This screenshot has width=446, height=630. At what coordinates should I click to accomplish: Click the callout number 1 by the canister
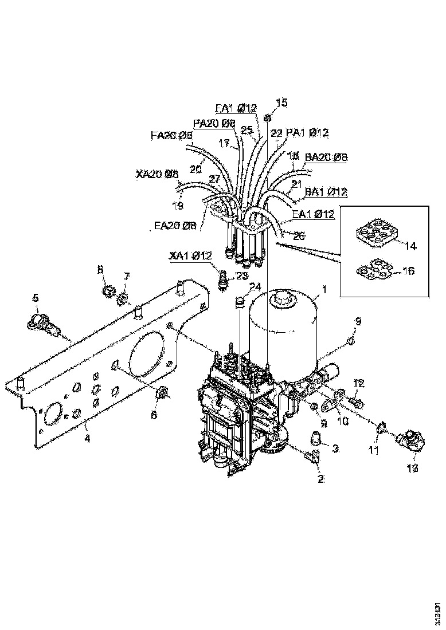click(324, 290)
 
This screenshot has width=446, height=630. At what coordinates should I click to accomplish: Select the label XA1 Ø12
click(190, 255)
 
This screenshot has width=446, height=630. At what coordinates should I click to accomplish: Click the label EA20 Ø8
click(175, 226)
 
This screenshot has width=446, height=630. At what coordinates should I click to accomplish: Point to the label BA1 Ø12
click(326, 191)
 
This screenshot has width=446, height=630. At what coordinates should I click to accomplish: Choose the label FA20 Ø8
click(171, 136)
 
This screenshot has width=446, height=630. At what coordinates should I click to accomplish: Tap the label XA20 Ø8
click(157, 174)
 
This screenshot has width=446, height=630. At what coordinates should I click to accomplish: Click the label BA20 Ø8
click(326, 156)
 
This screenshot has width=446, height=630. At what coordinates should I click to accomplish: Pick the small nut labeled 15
click(267, 118)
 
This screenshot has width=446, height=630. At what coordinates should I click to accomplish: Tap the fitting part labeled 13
click(410, 443)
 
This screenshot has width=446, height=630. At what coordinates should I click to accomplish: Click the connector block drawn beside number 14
click(375, 235)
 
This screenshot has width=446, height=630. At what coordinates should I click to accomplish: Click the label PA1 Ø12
click(307, 133)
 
